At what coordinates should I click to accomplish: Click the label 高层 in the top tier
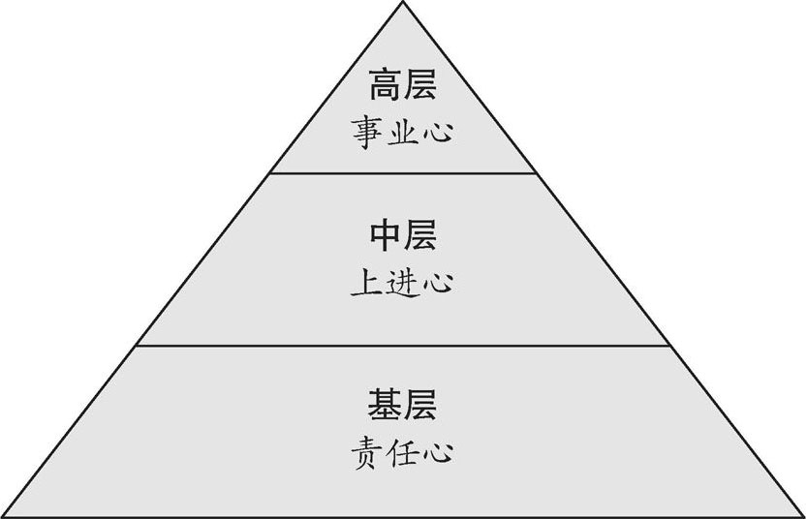pos(403,87)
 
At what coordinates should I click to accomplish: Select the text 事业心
pos(403,131)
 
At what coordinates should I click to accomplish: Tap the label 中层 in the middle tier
pos(403,236)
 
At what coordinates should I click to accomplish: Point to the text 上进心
pos(403,282)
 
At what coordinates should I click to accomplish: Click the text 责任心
pos(403,452)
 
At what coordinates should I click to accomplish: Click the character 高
pos(386,87)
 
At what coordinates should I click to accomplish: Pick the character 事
pos(369,131)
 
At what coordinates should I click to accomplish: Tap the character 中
pos(386,236)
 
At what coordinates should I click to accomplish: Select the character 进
pos(403,282)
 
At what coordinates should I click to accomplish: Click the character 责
pos(369,452)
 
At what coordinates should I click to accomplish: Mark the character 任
pos(403,452)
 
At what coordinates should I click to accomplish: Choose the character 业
pos(403,131)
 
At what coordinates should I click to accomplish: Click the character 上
pos(369,282)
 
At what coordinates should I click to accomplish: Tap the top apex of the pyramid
pos(403,3)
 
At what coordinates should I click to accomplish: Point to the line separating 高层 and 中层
pos(403,173)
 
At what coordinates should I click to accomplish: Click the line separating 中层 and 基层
pos(403,345)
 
